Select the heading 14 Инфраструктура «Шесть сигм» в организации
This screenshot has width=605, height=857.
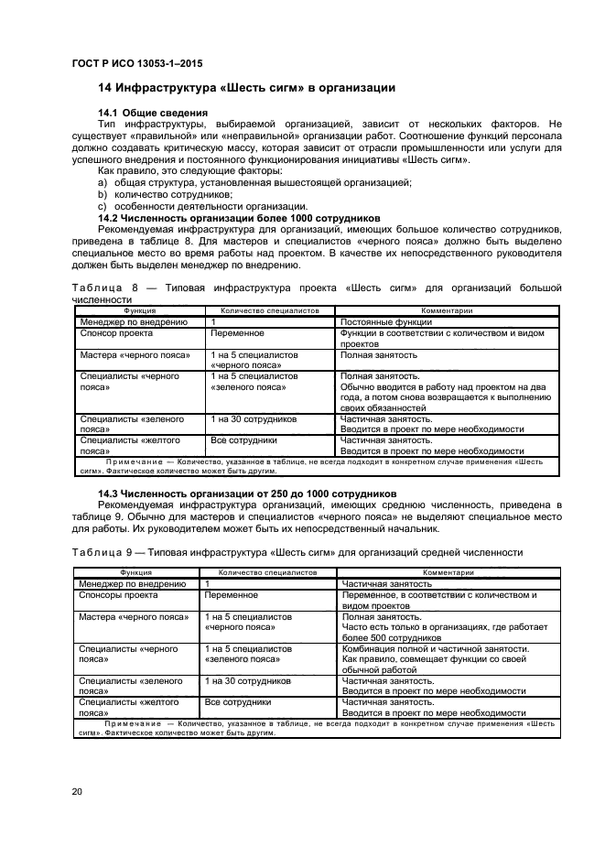(246, 88)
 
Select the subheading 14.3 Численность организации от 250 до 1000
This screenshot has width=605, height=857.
(240, 494)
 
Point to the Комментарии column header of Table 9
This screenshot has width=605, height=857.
(447, 571)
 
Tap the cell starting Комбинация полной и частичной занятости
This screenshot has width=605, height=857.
(435, 649)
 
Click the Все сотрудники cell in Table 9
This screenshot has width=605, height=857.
(237, 700)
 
